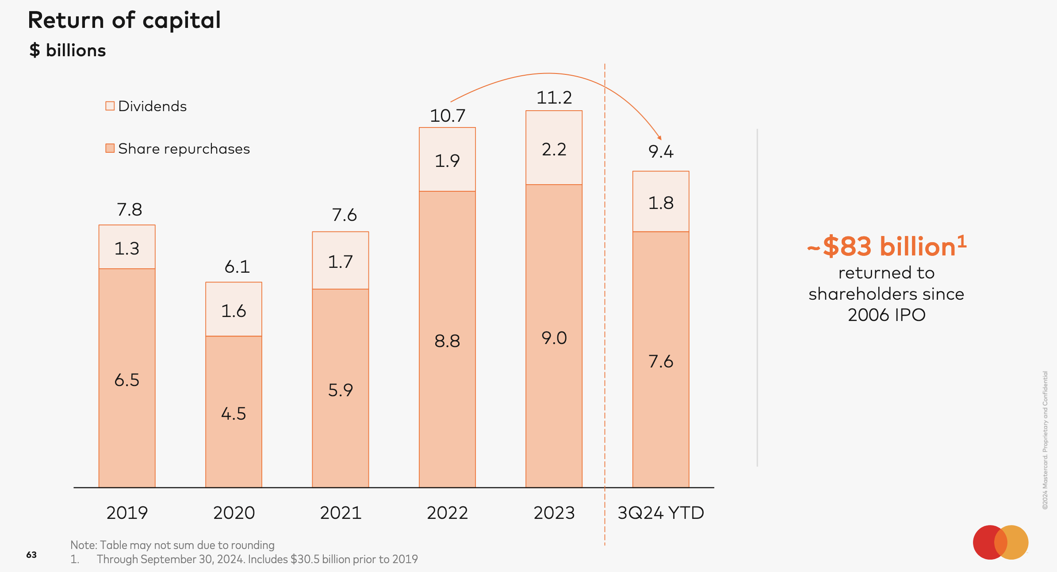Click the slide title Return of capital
tap(124, 20)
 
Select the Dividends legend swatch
tap(110, 106)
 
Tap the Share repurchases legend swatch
tap(110, 148)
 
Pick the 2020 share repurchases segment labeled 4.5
tap(234, 412)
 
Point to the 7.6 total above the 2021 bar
tap(344, 215)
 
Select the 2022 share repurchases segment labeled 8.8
tap(447, 340)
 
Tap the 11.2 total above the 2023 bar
tap(554, 98)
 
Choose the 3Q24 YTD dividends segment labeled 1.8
tap(661, 202)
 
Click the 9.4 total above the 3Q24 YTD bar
tap(661, 152)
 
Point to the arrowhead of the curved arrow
tap(659, 138)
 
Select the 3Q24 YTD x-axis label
tap(661, 513)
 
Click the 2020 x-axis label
tap(234, 513)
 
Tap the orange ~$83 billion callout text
tap(886, 246)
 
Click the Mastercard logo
tap(1000, 542)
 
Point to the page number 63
tap(31, 555)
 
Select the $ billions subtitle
tap(68, 50)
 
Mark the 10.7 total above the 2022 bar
tap(448, 116)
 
